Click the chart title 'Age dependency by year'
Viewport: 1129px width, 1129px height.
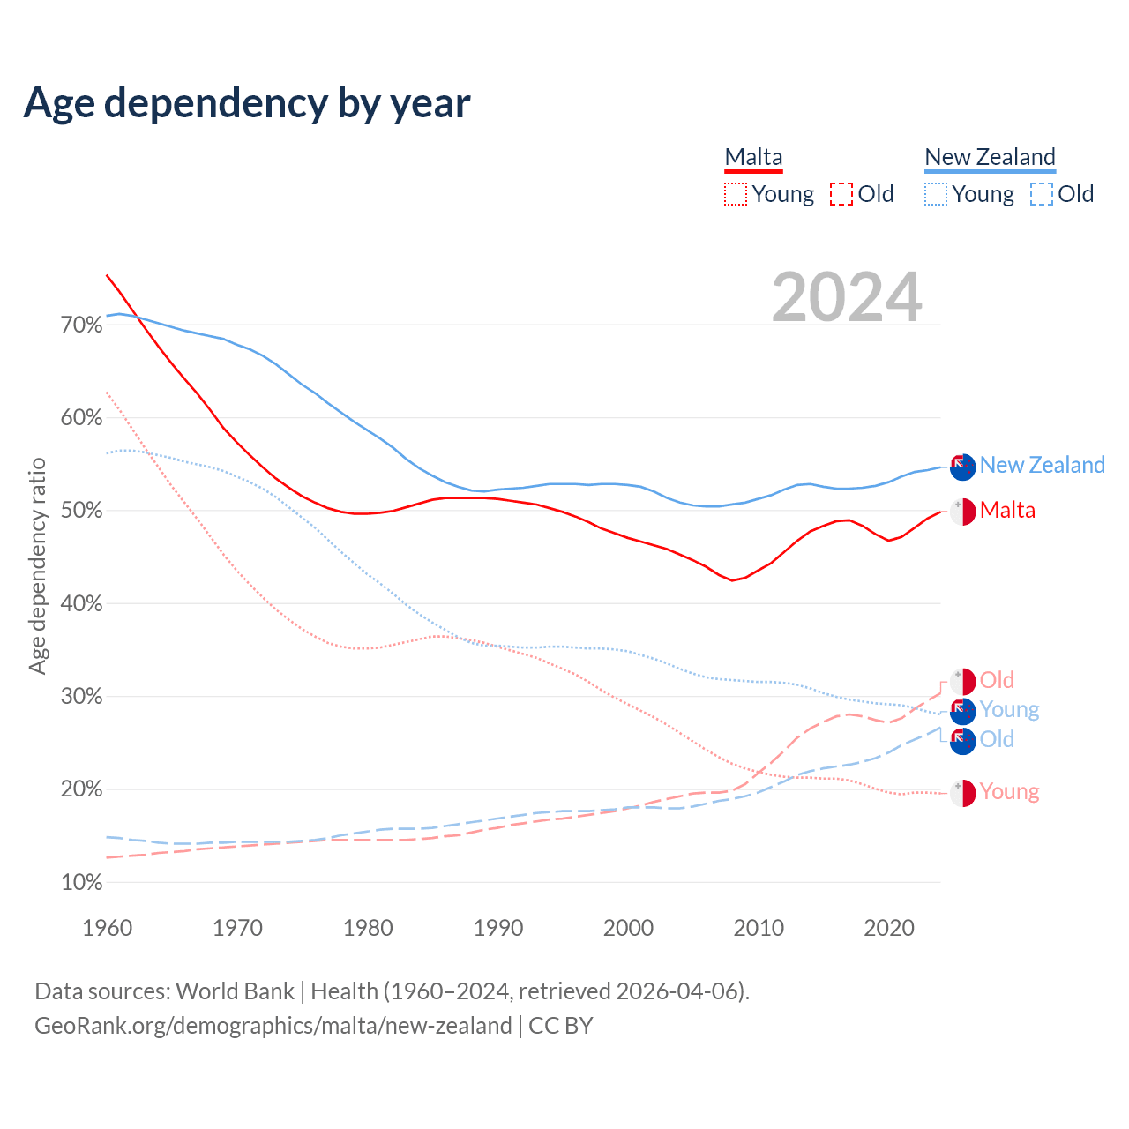[x=247, y=102]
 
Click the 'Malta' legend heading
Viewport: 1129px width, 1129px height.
[x=753, y=157]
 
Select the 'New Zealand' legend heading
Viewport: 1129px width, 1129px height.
[x=990, y=157]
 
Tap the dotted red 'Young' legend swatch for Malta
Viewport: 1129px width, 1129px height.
[x=736, y=194]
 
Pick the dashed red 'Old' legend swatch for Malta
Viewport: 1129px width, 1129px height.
[x=841, y=194]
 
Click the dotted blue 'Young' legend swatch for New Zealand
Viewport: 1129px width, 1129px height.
[x=936, y=194]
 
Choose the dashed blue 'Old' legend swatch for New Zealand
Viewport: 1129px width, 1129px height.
[x=1042, y=194]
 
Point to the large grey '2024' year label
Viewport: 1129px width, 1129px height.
[x=847, y=297]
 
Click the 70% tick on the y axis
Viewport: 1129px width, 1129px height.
[x=81, y=325]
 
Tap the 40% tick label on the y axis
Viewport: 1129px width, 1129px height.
[x=81, y=604]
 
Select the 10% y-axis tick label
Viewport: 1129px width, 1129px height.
[x=81, y=882]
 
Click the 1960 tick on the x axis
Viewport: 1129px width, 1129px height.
[x=107, y=928]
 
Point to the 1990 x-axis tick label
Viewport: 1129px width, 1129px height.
[x=498, y=928]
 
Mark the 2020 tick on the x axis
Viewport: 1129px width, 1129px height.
[x=889, y=928]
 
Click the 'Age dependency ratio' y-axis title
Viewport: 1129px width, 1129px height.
[x=37, y=565]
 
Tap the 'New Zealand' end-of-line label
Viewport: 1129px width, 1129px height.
[x=1042, y=465]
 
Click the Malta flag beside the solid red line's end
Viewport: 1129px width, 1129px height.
[x=962, y=512]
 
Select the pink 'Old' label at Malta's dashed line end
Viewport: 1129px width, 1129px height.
[x=997, y=680]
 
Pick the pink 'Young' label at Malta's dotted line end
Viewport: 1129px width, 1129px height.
[x=1009, y=792]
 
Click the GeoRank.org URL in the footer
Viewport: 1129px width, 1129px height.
[x=273, y=1026]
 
